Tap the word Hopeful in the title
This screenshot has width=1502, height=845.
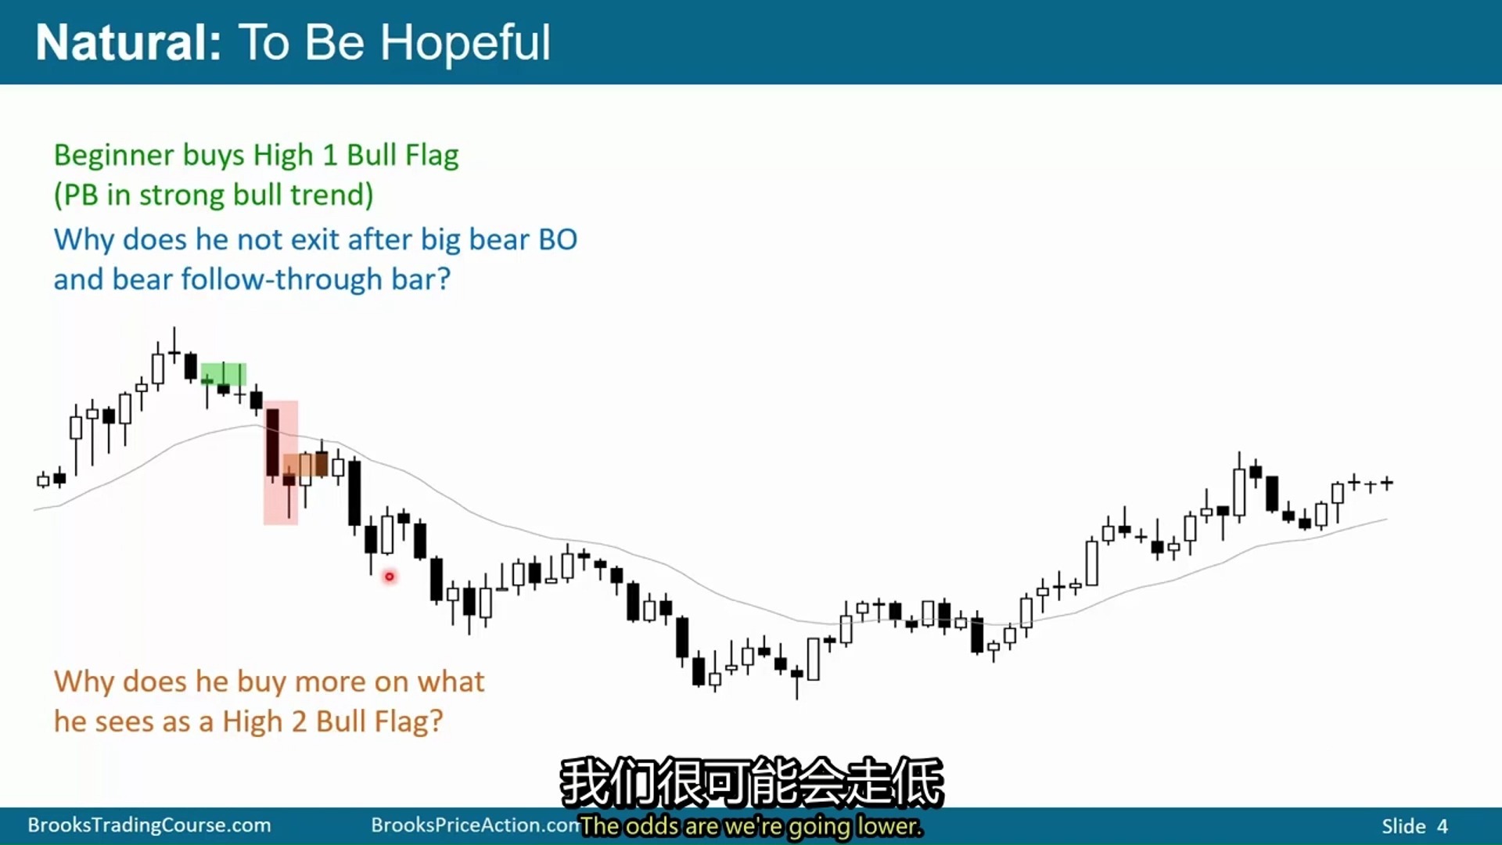click(465, 43)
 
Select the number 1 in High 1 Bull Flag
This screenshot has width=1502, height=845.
click(329, 155)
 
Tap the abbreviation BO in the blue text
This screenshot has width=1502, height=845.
click(558, 239)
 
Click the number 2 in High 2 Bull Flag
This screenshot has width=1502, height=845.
click(299, 721)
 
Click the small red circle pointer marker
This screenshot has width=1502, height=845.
click(389, 577)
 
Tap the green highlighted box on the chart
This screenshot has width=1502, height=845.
click(224, 374)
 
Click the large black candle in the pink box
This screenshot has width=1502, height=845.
click(272, 442)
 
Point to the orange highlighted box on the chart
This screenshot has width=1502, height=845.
click(305, 466)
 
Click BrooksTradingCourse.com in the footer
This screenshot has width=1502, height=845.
click(149, 825)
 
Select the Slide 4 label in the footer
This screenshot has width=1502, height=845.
click(1414, 826)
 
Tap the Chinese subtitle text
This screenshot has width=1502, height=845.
click(752, 782)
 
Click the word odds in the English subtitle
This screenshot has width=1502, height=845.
click(652, 826)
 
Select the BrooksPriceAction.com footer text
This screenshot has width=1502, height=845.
click(476, 825)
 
